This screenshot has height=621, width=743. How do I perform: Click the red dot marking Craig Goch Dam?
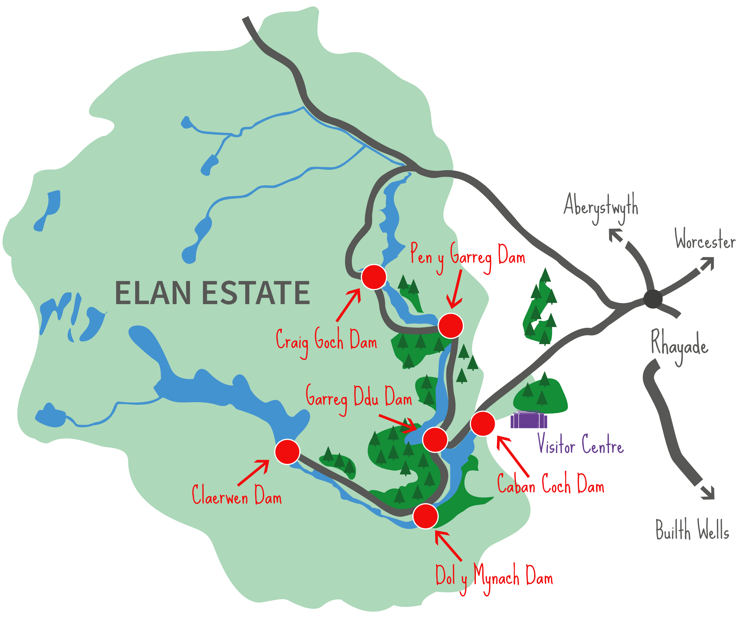374,277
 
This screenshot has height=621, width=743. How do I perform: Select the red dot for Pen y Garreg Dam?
450,326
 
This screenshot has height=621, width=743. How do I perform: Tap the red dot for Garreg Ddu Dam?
435,439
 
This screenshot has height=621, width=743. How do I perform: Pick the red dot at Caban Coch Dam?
483,423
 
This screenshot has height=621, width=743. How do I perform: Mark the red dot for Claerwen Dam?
287,452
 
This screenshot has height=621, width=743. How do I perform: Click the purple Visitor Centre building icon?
529,420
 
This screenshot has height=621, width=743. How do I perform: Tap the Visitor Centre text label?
580,445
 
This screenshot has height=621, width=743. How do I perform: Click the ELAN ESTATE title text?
212,293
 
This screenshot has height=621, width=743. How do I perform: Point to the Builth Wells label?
692,530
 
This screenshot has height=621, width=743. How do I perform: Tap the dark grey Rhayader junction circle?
653,299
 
